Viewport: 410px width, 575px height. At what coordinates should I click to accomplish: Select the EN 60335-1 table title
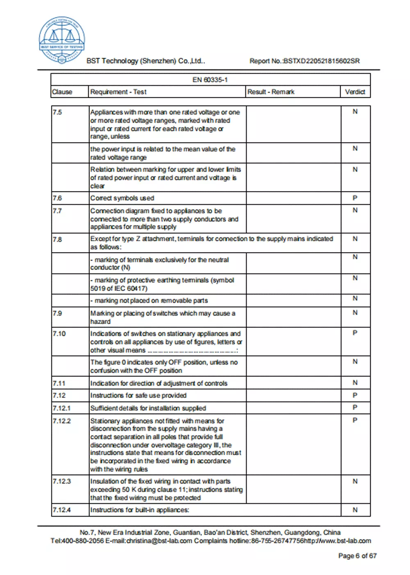point(210,80)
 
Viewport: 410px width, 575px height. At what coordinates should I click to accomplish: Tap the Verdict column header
point(355,92)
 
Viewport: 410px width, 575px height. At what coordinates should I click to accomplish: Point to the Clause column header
point(62,92)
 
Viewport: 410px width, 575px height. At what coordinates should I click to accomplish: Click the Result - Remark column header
point(271,92)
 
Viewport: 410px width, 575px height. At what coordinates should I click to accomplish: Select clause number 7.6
point(57,198)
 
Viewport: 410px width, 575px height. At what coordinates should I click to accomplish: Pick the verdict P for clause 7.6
point(355,198)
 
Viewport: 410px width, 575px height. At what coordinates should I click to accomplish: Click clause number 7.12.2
point(62,421)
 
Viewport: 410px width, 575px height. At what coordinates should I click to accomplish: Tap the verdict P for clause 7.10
point(355,333)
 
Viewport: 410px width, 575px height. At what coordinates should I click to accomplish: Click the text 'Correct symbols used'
point(122,198)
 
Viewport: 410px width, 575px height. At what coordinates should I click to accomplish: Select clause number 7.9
point(57,313)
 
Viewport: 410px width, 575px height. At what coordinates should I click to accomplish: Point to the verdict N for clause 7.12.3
point(355,481)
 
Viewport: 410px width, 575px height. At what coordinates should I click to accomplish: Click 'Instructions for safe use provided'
point(138,396)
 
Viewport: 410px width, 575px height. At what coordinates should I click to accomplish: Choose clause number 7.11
point(59,383)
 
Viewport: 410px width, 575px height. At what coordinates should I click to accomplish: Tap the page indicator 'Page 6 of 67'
point(357,556)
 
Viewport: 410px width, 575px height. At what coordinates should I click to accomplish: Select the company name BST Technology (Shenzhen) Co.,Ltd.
point(146,61)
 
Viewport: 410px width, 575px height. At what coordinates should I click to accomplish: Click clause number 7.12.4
point(62,510)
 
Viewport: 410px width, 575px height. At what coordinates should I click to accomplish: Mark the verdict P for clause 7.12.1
point(355,407)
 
